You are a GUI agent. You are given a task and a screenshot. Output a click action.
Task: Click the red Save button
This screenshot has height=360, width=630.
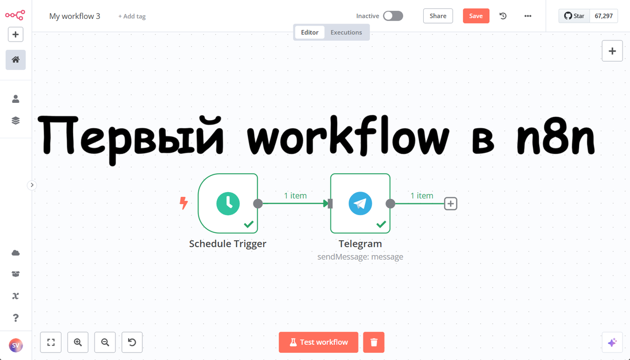pos(476,16)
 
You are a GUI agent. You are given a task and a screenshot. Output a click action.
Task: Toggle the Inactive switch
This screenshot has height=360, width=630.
pos(393,16)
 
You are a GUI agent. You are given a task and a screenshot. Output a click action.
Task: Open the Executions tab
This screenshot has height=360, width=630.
pos(346,33)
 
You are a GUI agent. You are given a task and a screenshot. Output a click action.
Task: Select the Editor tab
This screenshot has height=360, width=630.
pos(310,33)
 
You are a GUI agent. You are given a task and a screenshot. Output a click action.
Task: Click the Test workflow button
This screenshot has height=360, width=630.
pos(319,342)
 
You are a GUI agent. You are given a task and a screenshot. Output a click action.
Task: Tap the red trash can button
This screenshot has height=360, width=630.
pos(374,342)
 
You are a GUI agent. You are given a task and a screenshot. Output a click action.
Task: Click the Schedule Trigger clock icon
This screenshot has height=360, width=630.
pos(228,203)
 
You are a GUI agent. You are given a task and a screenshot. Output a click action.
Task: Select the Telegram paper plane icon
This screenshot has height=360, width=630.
pos(360,203)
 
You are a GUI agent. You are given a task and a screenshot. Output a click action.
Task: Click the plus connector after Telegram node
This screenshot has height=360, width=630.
pos(450,204)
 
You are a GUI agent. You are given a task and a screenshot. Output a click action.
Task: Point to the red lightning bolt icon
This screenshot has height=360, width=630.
pos(184,203)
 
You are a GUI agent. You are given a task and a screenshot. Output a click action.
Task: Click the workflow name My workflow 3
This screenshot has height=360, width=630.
pos(75,16)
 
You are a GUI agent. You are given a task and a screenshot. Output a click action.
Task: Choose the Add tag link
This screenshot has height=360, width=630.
pos(132,16)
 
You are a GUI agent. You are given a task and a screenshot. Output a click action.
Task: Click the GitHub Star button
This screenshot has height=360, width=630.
pos(574,16)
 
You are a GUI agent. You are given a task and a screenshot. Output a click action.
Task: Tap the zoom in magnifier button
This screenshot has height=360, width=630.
pos(78,343)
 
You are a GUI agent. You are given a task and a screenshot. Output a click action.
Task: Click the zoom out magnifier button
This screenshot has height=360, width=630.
pos(105,343)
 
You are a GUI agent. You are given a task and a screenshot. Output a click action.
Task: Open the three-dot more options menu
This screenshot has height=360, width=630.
pos(528,16)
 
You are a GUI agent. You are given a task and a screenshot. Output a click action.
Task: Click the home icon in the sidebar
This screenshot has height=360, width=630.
pos(16,60)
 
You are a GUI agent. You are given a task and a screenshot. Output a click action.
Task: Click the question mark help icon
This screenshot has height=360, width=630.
pos(16,317)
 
